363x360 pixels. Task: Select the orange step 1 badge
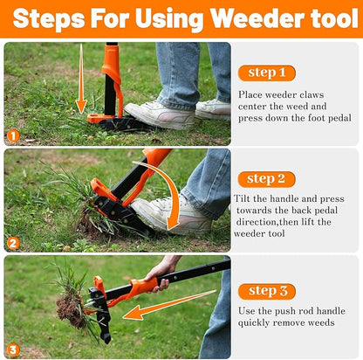[x=266, y=73]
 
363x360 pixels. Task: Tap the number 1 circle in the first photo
[x=12, y=135]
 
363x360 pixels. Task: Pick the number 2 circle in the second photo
[x=12, y=243]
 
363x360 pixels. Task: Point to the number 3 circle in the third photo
[x=12, y=350]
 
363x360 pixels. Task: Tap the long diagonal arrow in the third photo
[x=170, y=304]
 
